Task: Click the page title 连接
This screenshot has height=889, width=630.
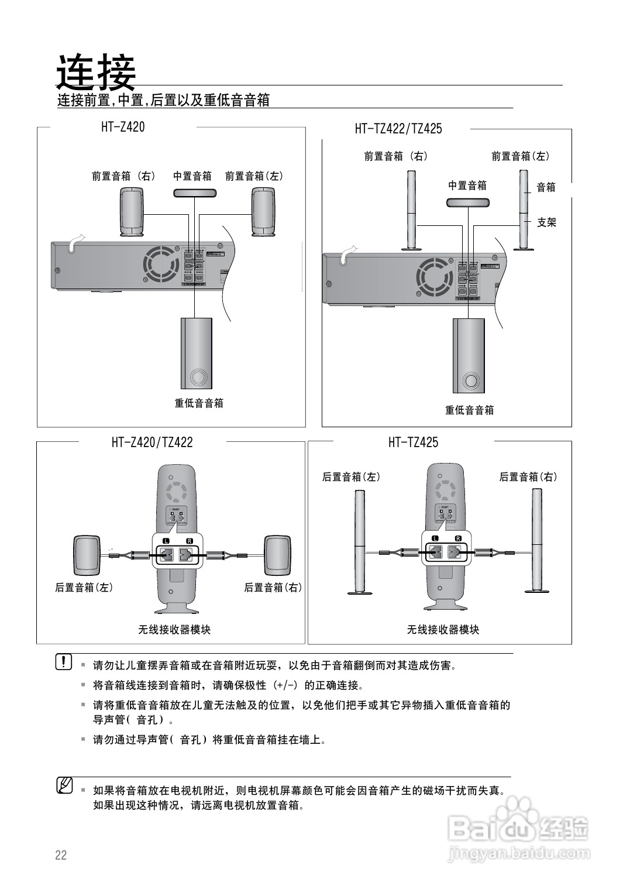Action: pyautogui.click(x=96, y=72)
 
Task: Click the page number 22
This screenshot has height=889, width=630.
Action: pyautogui.click(x=61, y=855)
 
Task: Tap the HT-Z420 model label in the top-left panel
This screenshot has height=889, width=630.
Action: pyautogui.click(x=123, y=126)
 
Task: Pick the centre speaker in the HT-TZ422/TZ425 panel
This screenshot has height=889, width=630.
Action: pyautogui.click(x=467, y=202)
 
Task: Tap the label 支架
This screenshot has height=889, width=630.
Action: pyautogui.click(x=546, y=222)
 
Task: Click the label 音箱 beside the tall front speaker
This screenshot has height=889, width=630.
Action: pyautogui.click(x=546, y=187)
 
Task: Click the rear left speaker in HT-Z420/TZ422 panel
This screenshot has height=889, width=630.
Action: pyautogui.click(x=87, y=555)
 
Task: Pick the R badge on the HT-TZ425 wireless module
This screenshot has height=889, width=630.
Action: pyautogui.click(x=457, y=538)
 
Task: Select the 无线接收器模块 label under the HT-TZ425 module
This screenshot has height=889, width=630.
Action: pyautogui.click(x=443, y=630)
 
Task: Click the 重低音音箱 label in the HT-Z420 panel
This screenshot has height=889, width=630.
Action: pyautogui.click(x=199, y=403)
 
